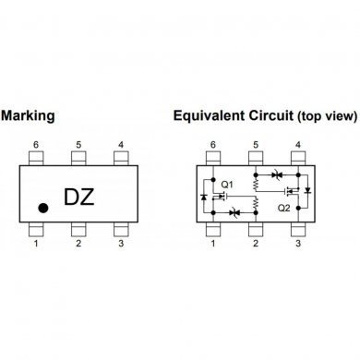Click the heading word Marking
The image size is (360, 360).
coord(29,116)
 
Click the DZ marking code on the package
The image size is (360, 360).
coord(84,198)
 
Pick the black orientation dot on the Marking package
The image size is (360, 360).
coord(42,209)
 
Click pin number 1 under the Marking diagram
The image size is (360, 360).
coord(37,244)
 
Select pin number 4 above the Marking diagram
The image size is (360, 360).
coord(121,146)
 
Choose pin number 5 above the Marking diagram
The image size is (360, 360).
coord(79,146)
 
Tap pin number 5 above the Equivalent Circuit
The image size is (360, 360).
coord(255,146)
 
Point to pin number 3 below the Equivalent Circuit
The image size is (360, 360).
coord(297,244)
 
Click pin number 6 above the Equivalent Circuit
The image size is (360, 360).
coord(212,146)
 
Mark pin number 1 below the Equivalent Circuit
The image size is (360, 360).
coord(212,244)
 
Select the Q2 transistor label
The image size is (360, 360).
coord(284,209)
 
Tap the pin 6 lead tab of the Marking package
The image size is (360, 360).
coord(37,159)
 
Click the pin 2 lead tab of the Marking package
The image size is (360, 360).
coord(79,230)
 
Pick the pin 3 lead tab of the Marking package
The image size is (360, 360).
coord(121,230)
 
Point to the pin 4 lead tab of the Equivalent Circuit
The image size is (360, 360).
coord(297,159)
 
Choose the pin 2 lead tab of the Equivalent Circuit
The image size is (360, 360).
coord(255,230)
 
